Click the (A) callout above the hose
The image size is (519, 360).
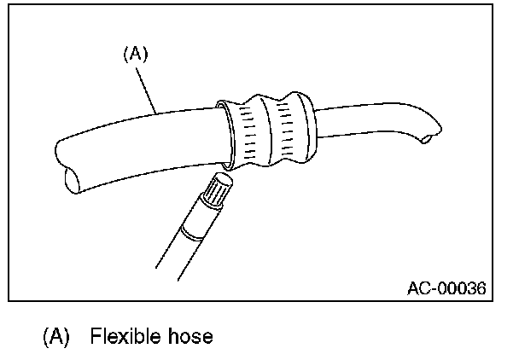pyautogui.click(x=137, y=54)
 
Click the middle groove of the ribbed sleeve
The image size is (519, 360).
pyautogui.click(x=264, y=129)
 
